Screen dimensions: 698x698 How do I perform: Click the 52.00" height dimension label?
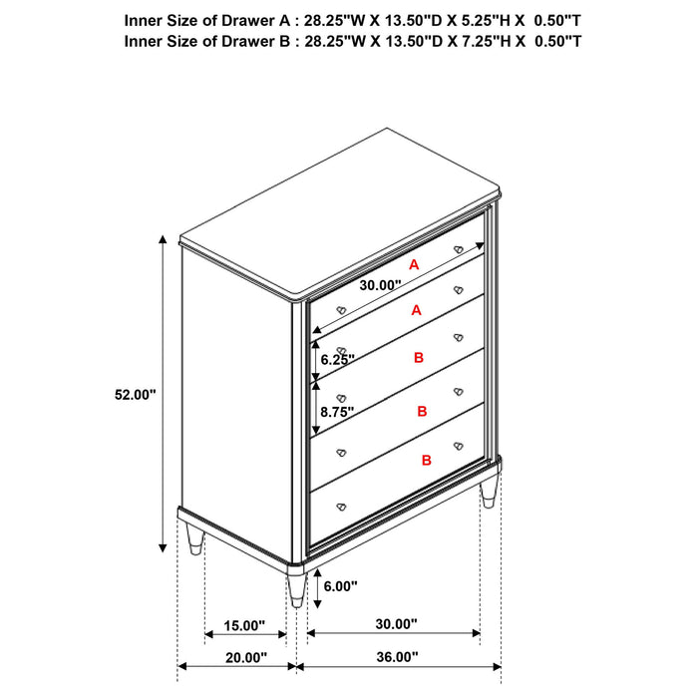tap(135, 395)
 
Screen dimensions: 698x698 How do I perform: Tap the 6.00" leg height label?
tap(340, 587)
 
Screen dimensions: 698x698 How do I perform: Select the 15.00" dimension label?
tap(243, 625)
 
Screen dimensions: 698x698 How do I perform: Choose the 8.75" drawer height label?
tap(338, 410)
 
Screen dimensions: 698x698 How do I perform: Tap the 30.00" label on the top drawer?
tap(380, 285)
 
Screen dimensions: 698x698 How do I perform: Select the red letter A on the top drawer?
tap(414, 264)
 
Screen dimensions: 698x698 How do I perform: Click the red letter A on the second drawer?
tap(416, 310)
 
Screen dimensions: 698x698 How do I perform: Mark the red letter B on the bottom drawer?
tap(426, 460)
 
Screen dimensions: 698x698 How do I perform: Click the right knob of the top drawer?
tap(459, 248)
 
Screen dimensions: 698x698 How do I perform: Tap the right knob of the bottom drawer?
tap(459, 445)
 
